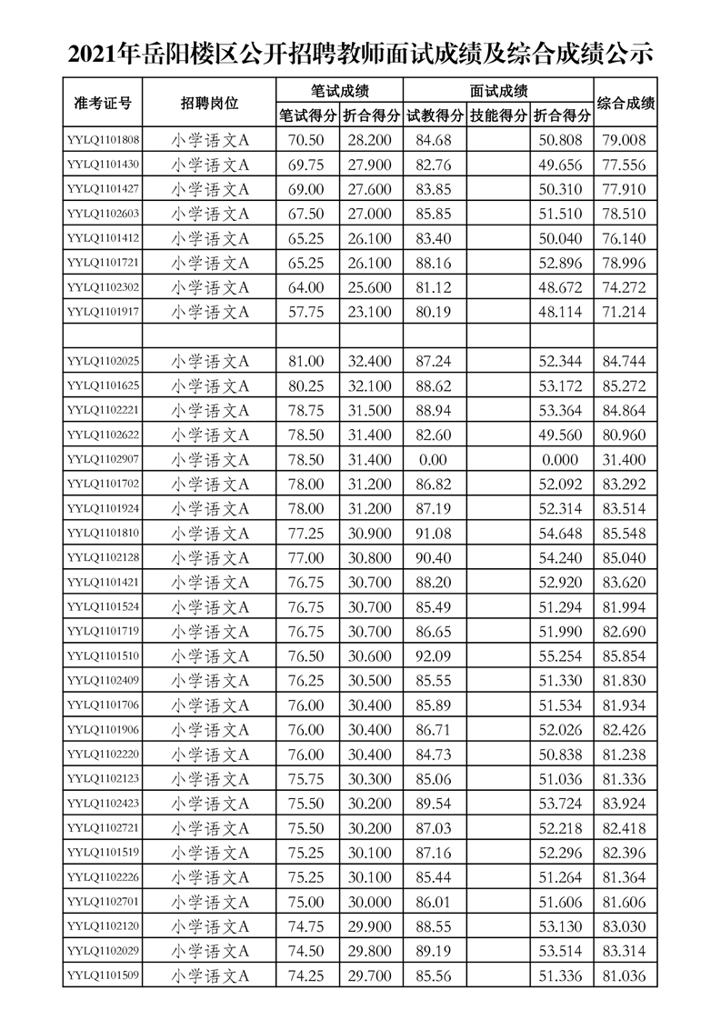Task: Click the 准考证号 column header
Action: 102,104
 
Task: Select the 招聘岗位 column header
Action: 210,104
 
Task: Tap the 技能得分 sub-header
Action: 498,116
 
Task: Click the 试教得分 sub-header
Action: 435,116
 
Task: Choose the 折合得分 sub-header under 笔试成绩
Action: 371,116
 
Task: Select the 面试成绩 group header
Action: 498,91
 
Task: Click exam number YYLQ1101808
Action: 103,140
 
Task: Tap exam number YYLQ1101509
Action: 103,975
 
